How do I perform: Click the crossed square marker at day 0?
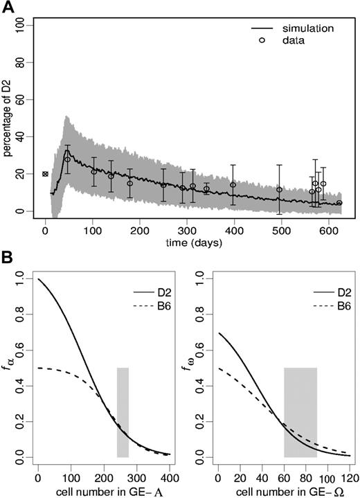point(45,174)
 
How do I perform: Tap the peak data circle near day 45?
point(67,159)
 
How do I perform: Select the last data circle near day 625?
point(339,203)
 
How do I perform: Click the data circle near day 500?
point(280,190)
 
